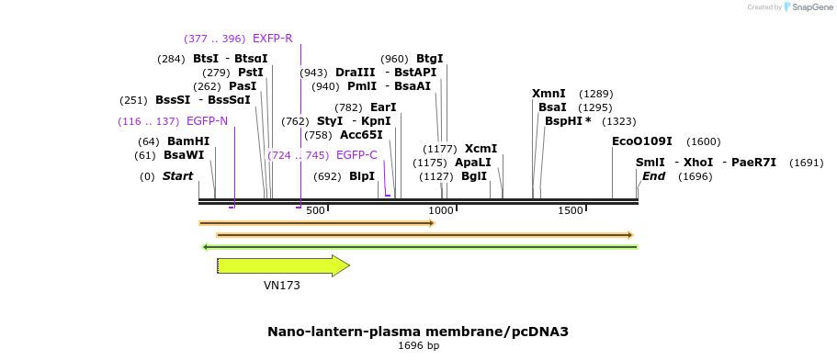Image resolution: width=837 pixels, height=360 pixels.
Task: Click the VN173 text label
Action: click(282, 286)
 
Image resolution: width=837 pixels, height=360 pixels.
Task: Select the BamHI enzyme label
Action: click(188, 141)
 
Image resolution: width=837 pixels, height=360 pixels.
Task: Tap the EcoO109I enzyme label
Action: click(642, 141)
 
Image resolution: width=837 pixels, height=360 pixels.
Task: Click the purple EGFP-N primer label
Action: click(207, 121)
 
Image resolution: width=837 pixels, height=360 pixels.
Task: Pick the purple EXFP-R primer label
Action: click(272, 39)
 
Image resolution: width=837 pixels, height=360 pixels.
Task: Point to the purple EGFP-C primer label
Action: click(356, 155)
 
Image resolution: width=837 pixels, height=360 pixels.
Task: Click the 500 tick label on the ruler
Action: click(315, 210)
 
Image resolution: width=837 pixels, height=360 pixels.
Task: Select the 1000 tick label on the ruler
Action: click(441, 210)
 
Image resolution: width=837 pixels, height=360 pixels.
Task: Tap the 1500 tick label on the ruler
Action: click(571, 210)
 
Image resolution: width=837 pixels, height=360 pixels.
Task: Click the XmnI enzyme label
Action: click(549, 94)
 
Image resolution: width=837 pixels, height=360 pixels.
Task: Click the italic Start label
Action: click(178, 176)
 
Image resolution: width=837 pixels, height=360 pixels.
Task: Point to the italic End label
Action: click(653, 176)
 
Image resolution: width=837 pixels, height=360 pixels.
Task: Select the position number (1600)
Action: click(703, 141)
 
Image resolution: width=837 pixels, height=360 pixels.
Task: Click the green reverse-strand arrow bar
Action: click(419, 246)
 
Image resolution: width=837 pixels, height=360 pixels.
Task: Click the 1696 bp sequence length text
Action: click(418, 346)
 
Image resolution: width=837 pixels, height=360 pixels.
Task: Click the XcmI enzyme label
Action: click(481, 149)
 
